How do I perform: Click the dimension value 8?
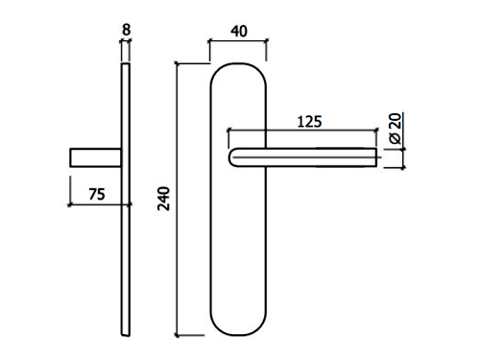point(127,30)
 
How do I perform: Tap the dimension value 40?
point(239,32)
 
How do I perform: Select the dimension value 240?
point(163,199)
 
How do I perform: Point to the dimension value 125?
point(309,122)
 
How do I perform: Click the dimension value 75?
point(97,194)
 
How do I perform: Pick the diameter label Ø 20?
point(396,129)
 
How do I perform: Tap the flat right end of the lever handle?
point(376,157)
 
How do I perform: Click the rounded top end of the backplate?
point(238,64)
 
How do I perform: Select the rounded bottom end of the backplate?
point(238,335)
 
